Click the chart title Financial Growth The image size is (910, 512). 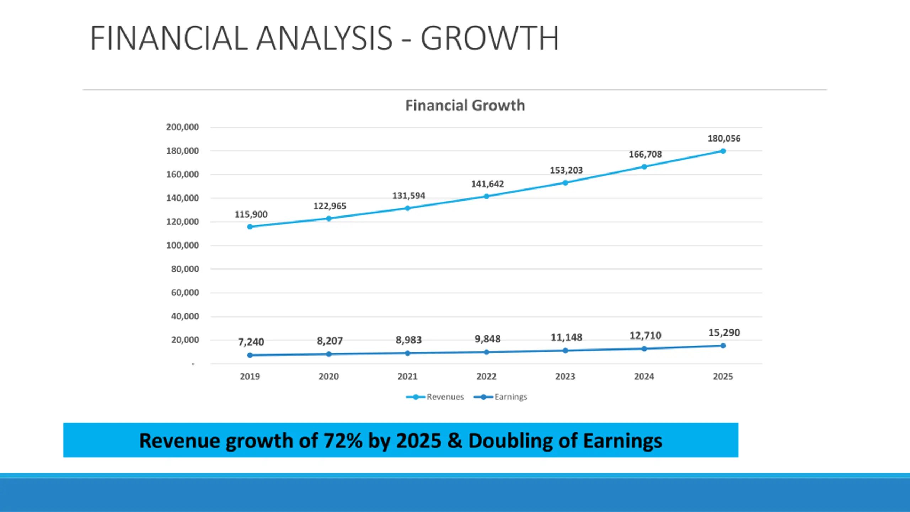(465, 106)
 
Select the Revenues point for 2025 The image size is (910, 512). (723, 151)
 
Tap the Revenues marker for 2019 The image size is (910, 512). (250, 227)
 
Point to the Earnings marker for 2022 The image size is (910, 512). (487, 352)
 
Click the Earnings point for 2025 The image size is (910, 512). (723, 346)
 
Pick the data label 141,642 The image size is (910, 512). (487, 184)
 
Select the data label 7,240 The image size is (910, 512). (251, 342)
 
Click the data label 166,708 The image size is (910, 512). (645, 154)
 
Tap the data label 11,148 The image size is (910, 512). (566, 337)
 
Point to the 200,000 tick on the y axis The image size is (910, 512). (182, 127)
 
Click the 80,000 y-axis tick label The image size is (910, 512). (185, 269)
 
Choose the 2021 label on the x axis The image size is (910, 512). (407, 377)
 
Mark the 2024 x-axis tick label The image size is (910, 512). (644, 377)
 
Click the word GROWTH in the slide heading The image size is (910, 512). (490, 38)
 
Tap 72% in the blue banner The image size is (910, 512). (343, 441)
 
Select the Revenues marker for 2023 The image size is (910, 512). (565, 183)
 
